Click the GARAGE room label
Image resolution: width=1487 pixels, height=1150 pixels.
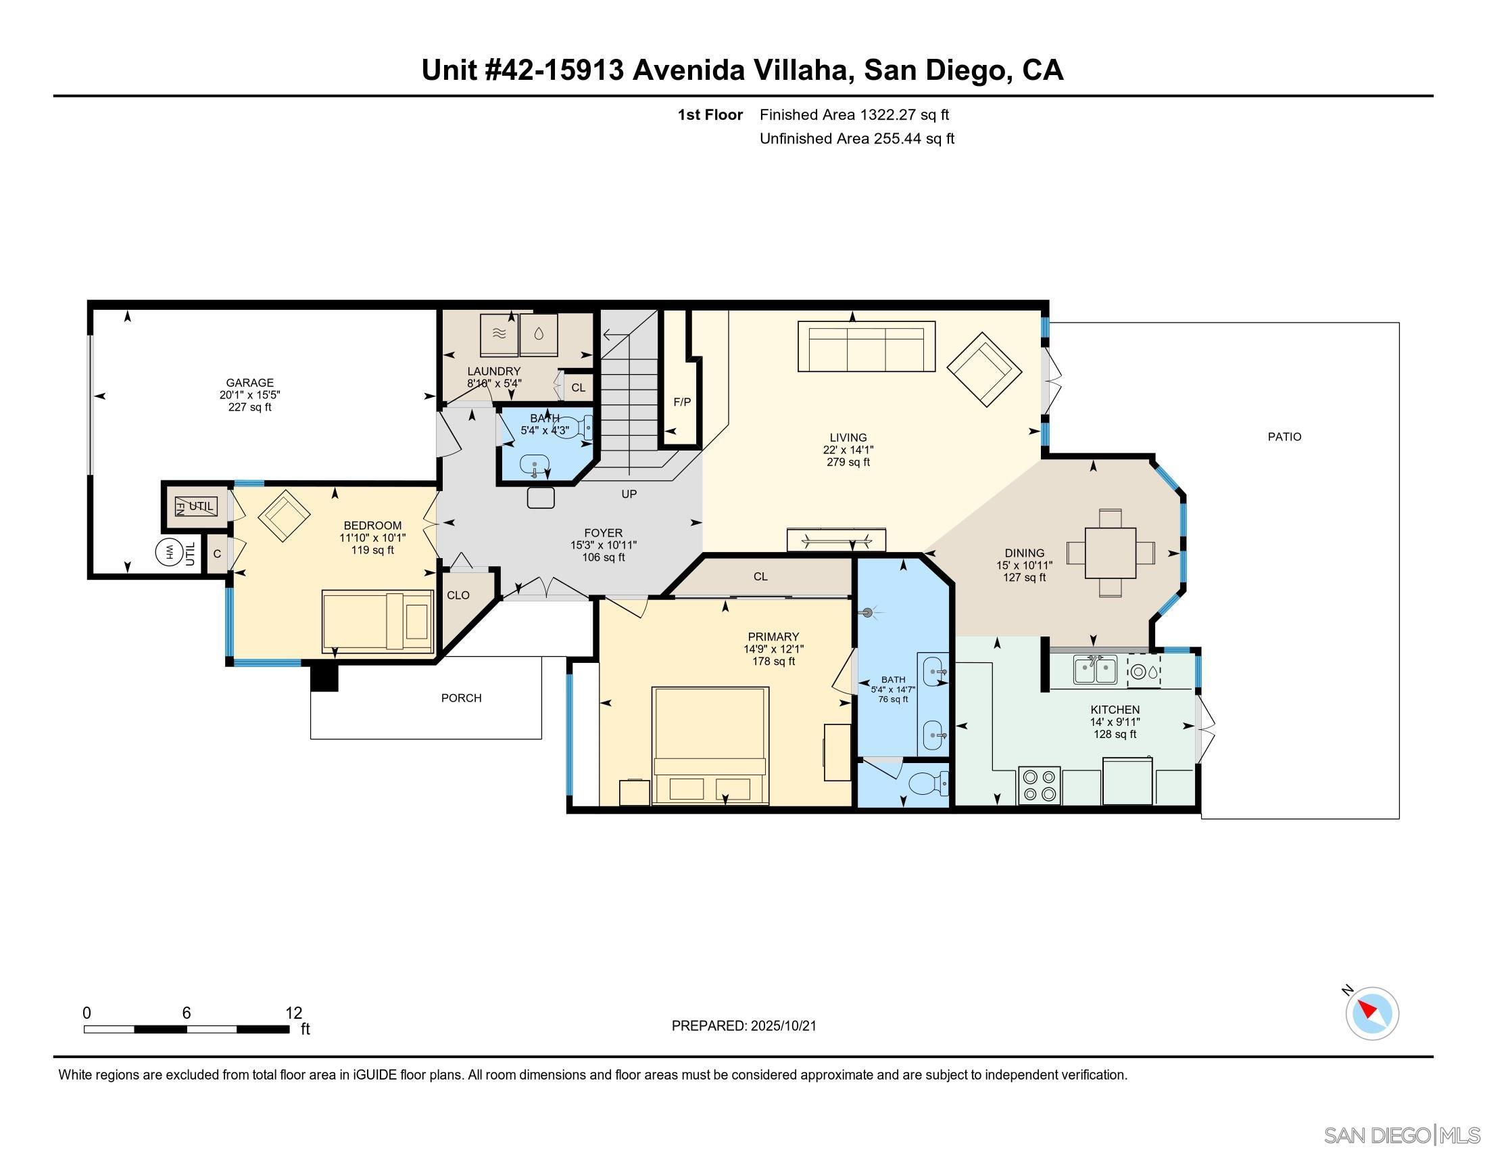(250, 383)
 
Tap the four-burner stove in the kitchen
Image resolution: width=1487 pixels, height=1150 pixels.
(1040, 785)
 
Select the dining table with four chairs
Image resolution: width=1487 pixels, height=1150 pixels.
(1111, 553)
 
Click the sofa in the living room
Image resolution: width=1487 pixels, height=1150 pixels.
(866, 347)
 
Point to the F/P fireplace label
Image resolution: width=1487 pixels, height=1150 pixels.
(681, 402)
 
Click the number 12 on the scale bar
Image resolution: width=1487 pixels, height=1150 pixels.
(293, 1013)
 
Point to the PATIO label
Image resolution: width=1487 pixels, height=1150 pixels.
(1284, 437)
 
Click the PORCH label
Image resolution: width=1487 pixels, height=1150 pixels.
(461, 698)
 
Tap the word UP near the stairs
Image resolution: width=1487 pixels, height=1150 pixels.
(629, 494)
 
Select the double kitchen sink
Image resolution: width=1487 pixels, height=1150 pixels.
(1095, 670)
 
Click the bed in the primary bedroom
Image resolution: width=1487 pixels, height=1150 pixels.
(710, 746)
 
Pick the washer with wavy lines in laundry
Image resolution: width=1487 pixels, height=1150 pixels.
(498, 333)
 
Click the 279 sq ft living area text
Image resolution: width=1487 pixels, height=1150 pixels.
(848, 462)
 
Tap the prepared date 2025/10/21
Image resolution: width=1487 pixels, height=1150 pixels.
(783, 1026)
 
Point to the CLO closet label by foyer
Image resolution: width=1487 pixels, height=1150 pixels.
(458, 595)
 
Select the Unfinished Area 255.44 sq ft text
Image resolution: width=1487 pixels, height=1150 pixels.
(856, 139)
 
